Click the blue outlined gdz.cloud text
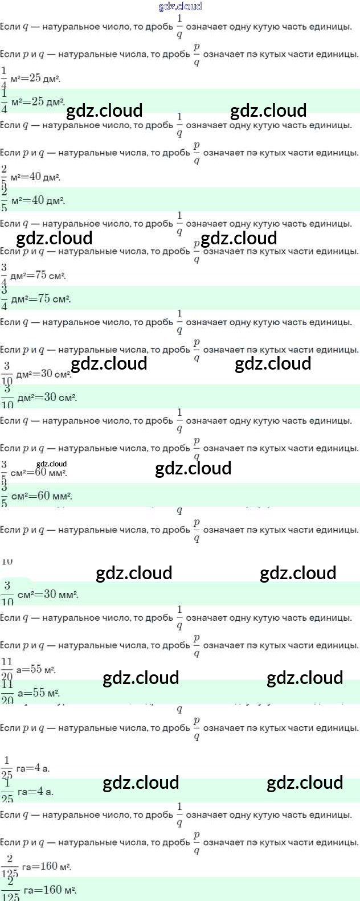180,6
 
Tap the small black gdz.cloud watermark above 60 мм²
51,464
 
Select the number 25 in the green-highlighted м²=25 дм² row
38,101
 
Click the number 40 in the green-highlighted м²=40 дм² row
38,200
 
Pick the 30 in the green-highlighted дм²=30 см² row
51,397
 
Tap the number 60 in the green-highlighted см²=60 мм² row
43,495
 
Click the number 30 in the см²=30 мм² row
50,594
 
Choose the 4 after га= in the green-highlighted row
40,791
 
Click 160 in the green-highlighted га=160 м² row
53,890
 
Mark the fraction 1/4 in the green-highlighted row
5,101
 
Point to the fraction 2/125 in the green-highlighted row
10,890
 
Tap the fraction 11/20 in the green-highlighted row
7,693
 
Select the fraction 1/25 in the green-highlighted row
7,791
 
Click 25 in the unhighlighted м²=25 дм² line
35,78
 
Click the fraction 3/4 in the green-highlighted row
5,298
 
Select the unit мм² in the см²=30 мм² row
68,595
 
